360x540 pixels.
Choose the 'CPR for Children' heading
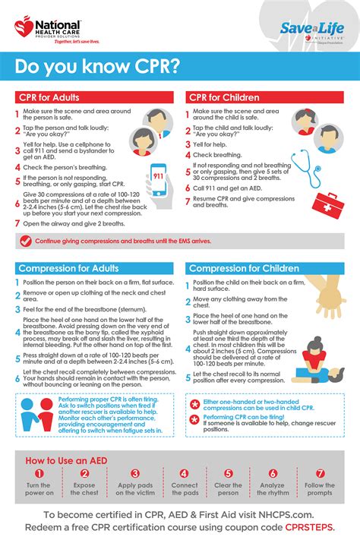225,97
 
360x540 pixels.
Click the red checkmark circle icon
26,241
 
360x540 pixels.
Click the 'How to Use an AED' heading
60,460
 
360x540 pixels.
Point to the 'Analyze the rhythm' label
275,489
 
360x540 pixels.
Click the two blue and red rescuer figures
37,412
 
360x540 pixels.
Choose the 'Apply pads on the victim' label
137,489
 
